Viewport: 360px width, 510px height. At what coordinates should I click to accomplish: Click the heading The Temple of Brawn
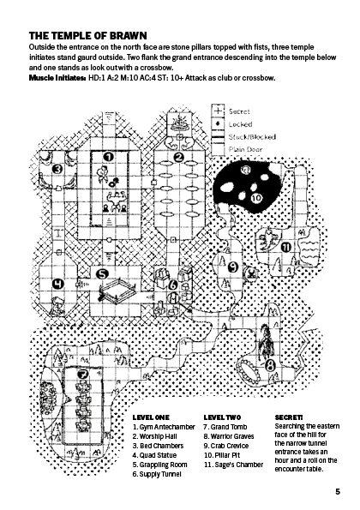click(87, 35)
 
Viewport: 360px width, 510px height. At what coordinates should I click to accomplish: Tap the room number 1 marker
click(108, 157)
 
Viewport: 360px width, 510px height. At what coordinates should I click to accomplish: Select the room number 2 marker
click(178, 158)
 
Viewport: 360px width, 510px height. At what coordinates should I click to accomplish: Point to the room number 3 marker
click(57, 169)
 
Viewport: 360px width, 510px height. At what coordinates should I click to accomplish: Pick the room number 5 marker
click(103, 274)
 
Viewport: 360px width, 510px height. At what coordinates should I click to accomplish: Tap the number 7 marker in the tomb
click(83, 375)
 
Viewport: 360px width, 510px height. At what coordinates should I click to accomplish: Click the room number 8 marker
click(270, 366)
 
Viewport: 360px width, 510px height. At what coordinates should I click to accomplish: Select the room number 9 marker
click(233, 267)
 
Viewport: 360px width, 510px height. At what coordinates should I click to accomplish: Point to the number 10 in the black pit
click(257, 198)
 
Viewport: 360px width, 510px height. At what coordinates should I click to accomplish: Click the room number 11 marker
click(286, 248)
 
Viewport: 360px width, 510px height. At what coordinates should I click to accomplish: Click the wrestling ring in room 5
click(117, 290)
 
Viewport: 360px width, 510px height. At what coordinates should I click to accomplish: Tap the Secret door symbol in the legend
click(218, 111)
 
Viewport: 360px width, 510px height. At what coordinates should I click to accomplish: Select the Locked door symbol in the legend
click(218, 123)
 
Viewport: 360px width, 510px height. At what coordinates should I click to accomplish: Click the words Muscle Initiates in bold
click(57, 78)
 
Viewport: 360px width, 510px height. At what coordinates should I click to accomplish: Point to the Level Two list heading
click(223, 417)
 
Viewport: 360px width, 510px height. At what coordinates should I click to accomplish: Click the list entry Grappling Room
click(159, 465)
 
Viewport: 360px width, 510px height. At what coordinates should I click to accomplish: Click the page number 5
click(338, 491)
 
